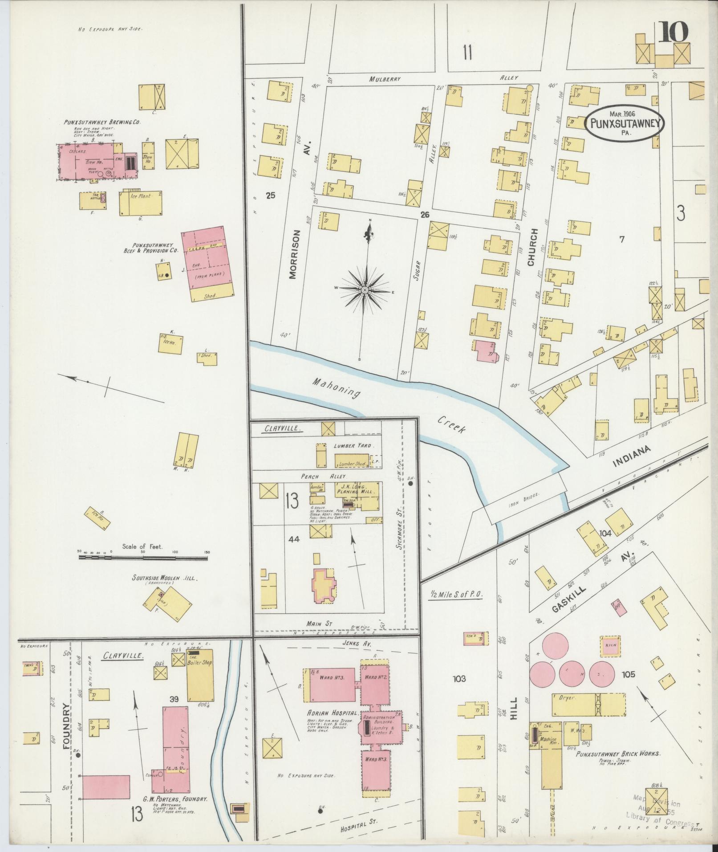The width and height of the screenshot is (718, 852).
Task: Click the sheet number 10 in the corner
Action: click(673, 32)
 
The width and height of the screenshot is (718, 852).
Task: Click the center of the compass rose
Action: click(365, 290)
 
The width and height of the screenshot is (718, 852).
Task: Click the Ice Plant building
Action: click(141, 203)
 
